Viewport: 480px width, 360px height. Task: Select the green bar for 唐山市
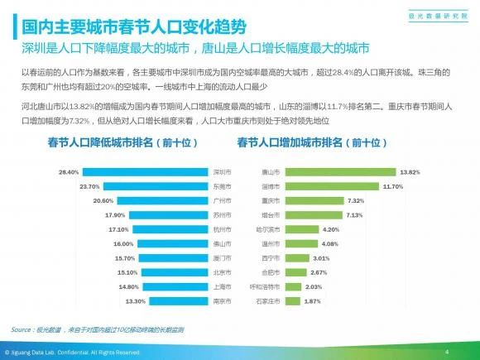[339, 172]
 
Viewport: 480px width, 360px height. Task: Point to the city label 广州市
[222, 200]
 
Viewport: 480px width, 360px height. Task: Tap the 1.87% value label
[311, 300]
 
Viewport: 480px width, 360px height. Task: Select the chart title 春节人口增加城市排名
[312, 142]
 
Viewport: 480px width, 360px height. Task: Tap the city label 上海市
[222, 286]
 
